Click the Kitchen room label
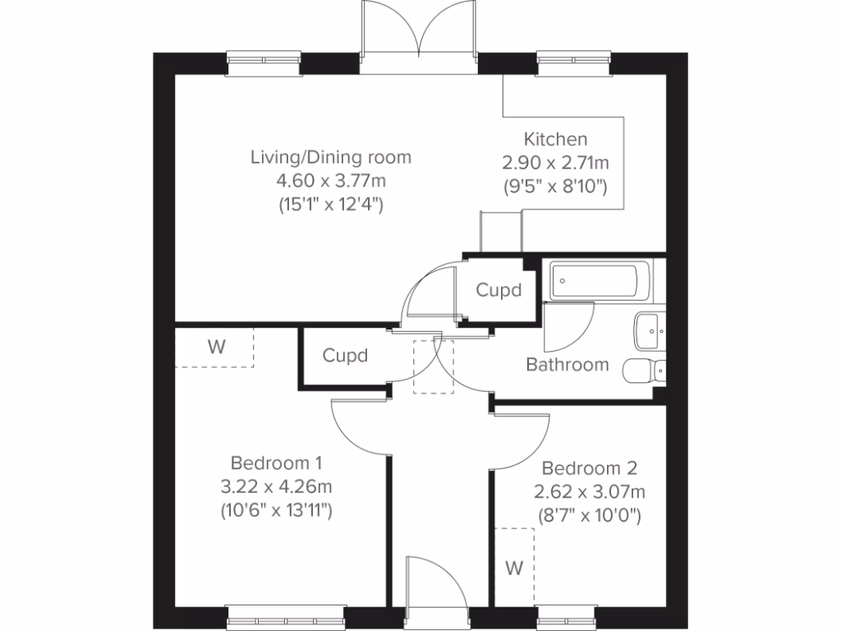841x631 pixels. click(x=555, y=140)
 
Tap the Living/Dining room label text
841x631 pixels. click(x=331, y=158)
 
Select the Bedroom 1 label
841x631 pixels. click(x=276, y=463)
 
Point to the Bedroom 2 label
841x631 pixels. click(x=590, y=467)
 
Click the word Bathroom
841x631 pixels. click(x=568, y=365)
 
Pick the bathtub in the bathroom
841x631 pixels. click(x=599, y=280)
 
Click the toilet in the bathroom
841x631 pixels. click(x=644, y=371)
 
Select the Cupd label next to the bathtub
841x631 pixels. click(x=499, y=290)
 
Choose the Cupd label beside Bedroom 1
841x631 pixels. click(x=345, y=356)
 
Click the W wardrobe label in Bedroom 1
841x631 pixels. click(x=216, y=348)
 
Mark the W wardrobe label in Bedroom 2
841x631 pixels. click(x=514, y=568)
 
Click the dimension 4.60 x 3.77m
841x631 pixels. click(x=331, y=181)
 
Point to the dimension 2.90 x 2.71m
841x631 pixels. click(x=555, y=163)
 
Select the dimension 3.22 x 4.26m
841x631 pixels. click(x=276, y=486)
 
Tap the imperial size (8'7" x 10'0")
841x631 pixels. click(x=590, y=516)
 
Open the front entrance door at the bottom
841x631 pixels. click(x=437, y=590)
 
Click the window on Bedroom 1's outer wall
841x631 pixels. click(x=285, y=618)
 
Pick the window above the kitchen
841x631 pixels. click(x=573, y=63)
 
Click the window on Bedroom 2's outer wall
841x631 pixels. click(x=566, y=618)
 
